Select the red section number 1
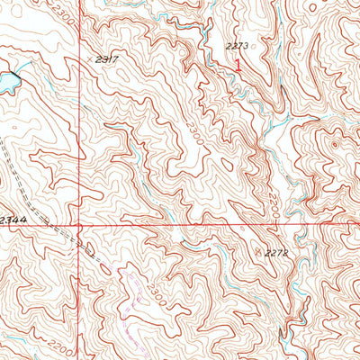pos(238,65)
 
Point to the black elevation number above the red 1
pos(237,45)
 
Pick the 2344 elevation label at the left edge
pos(13,220)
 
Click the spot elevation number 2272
pos(277,254)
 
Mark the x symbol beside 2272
pos(262,253)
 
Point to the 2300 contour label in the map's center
pos(193,135)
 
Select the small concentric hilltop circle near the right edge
pos(335,143)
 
